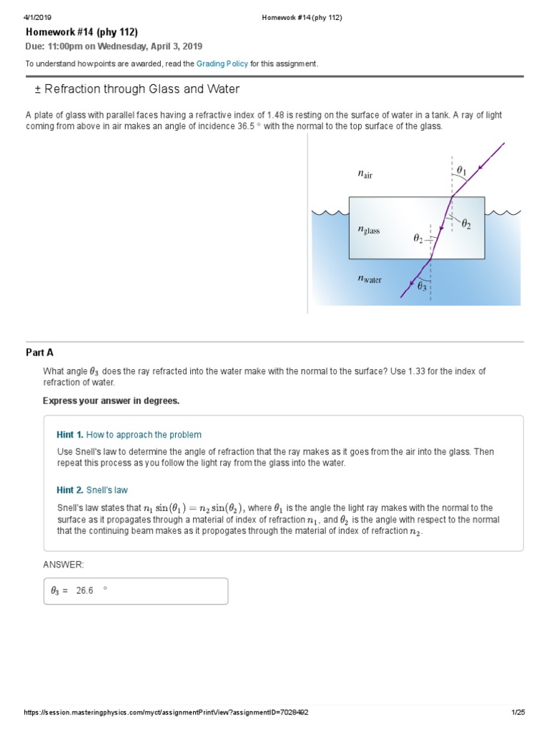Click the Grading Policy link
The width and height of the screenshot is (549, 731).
[227, 64]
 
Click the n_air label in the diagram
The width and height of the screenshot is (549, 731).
[365, 173]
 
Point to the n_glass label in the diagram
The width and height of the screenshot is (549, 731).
[369, 231]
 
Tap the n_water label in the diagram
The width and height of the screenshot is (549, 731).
[370, 280]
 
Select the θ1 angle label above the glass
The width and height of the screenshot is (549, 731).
[461, 171]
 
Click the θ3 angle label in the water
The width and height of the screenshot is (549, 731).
[422, 286]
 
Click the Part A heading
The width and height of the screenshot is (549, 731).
[39, 353]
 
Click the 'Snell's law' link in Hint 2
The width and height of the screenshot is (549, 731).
[107, 490]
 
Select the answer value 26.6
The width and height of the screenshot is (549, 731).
[85, 591]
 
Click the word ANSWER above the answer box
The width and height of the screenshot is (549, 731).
[64, 565]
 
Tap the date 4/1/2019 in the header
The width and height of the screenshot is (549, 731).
[37, 17]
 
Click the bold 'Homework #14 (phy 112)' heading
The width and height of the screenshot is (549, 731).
[81, 32]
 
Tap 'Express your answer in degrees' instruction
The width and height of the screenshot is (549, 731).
[111, 400]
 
